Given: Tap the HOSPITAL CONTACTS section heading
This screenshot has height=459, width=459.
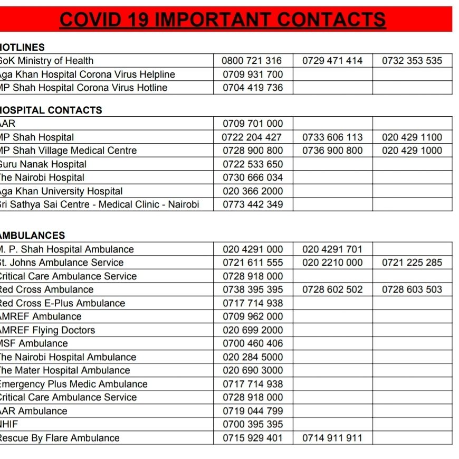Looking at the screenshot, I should tap(51, 110).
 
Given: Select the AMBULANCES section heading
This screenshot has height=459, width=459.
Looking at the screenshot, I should tap(33, 236).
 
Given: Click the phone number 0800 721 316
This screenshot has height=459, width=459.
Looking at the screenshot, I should tap(252, 61).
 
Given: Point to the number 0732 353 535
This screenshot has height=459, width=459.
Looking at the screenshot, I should tap(412, 61).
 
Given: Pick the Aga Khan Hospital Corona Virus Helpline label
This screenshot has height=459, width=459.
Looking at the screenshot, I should tap(87, 74).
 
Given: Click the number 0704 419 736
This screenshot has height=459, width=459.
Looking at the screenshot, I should tap(252, 88).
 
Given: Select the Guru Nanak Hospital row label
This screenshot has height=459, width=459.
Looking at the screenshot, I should tap(43, 164).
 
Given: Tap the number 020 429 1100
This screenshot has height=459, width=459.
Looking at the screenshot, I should tap(412, 137).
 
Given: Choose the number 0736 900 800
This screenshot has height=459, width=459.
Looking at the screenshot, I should tap(332, 151).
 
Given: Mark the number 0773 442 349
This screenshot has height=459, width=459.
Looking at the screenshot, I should tap(252, 204).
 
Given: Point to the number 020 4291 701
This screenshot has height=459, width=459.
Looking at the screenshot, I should tap(332, 249).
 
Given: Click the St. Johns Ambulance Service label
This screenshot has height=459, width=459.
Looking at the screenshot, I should tap(61, 263).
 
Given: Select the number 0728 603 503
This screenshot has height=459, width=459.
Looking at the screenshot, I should tap(412, 289).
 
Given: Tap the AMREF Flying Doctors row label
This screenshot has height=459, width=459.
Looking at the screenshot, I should tap(47, 330).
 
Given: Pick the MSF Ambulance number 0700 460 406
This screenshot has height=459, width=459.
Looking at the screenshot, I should tap(252, 343).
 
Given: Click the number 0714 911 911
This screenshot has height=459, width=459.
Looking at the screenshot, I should tap(332, 438).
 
